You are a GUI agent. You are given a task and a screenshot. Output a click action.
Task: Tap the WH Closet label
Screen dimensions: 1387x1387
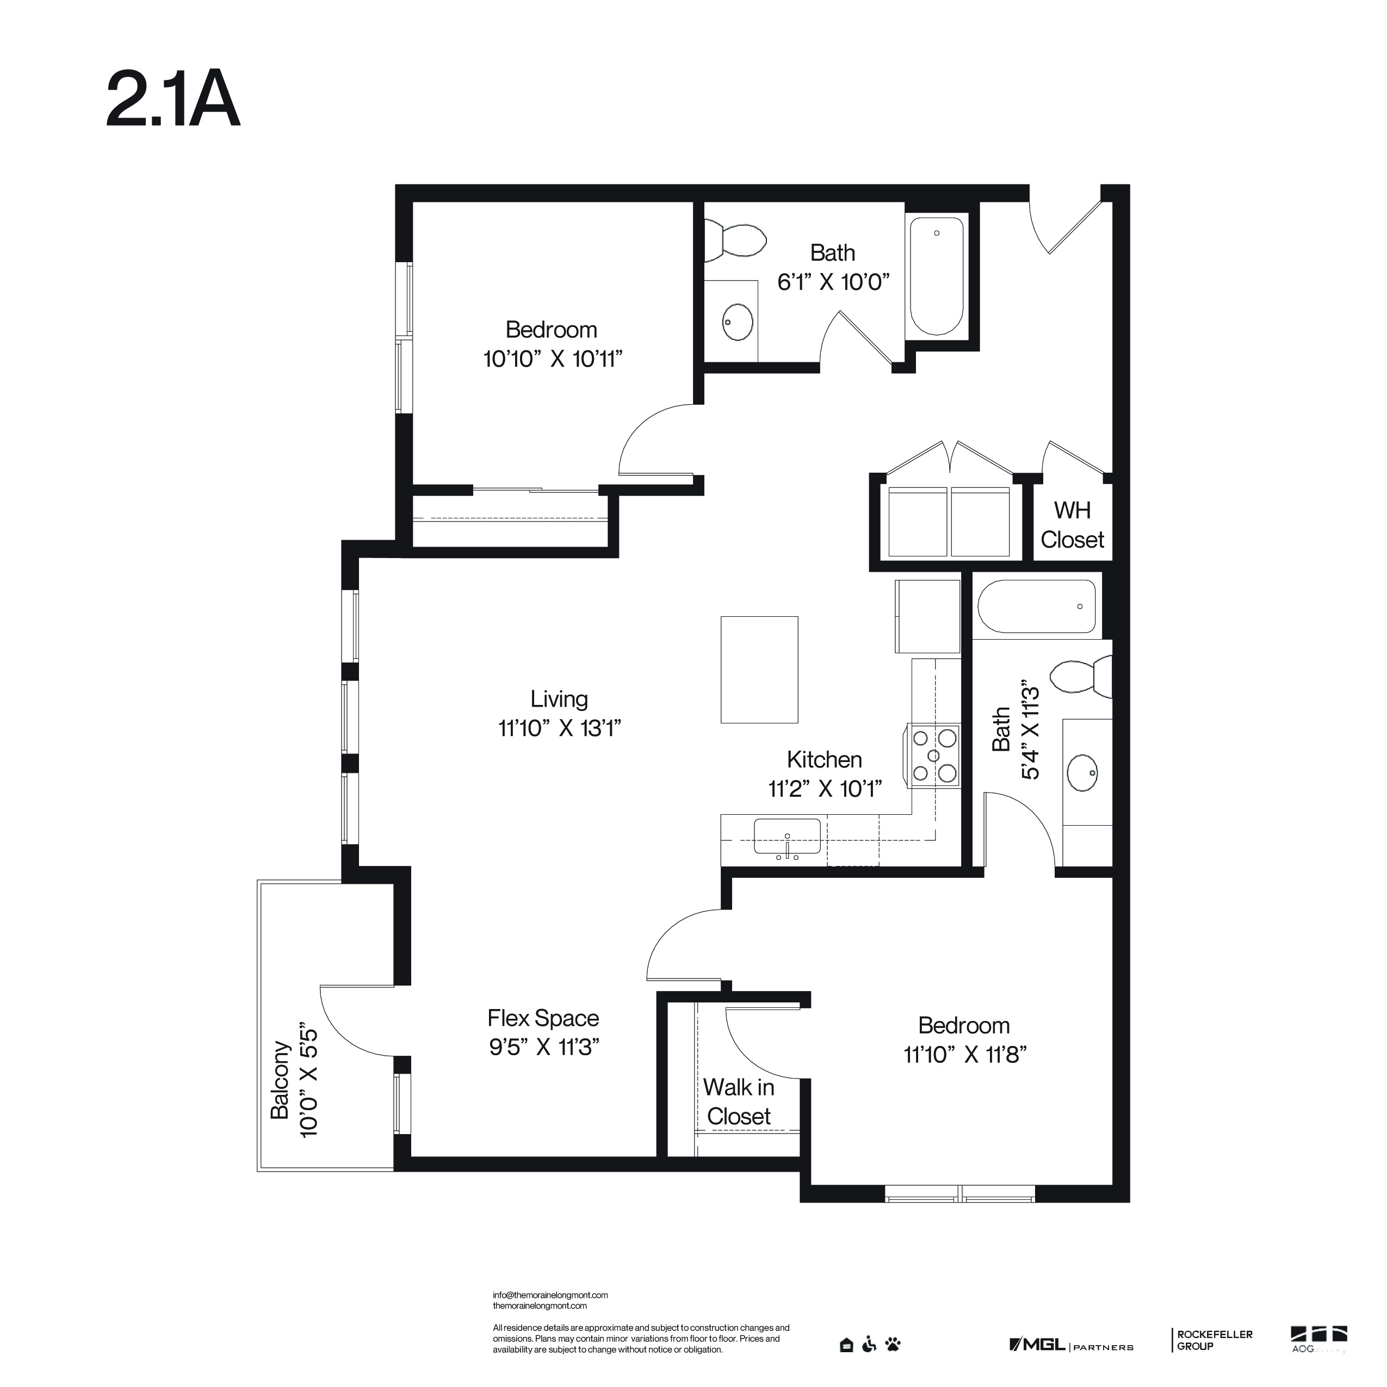1072,525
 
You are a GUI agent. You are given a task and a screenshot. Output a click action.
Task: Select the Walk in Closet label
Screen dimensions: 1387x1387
739,1101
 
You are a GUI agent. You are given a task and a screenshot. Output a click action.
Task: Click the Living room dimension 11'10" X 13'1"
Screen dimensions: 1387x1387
559,728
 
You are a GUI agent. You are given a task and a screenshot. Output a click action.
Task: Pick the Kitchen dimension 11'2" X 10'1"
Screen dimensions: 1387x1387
825,789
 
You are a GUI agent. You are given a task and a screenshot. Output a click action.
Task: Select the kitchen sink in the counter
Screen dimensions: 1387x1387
787,835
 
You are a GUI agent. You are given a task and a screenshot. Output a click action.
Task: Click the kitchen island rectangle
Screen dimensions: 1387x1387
759,669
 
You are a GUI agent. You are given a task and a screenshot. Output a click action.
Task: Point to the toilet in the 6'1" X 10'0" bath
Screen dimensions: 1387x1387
734,240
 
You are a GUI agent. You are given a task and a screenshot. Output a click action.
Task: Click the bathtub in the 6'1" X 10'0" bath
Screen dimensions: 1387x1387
937,276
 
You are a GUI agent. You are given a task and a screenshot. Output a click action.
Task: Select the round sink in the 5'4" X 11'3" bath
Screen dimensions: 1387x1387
1082,772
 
